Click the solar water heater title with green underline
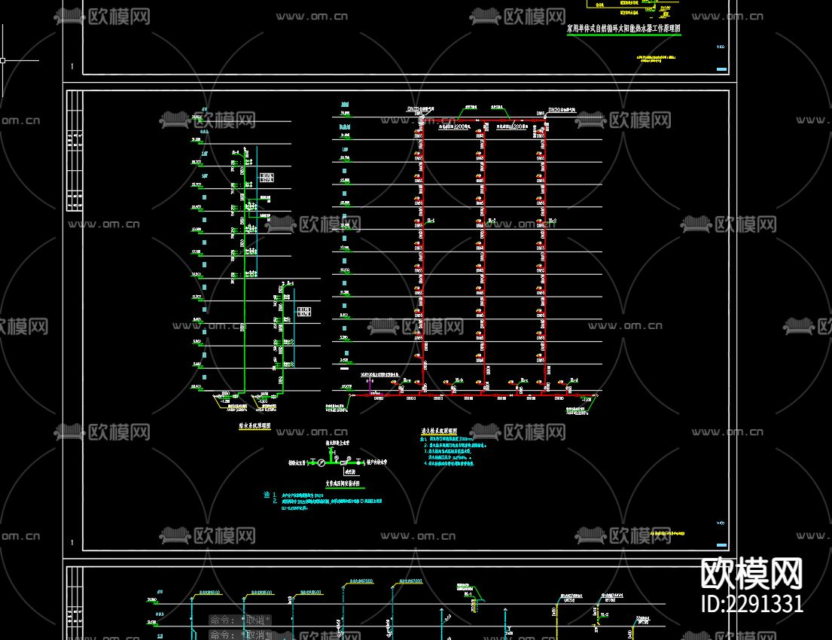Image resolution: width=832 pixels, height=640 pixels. tap(623, 29)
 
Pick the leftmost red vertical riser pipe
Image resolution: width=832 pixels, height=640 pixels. tap(422, 256)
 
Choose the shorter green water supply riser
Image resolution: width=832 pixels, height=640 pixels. tap(285, 339)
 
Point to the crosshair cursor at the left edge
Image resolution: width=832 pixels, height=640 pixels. tap(3, 60)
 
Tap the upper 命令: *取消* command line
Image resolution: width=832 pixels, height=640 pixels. tap(239, 620)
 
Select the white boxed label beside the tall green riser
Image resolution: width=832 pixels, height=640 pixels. tap(267, 178)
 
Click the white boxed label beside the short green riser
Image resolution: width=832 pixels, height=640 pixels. tap(303, 311)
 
